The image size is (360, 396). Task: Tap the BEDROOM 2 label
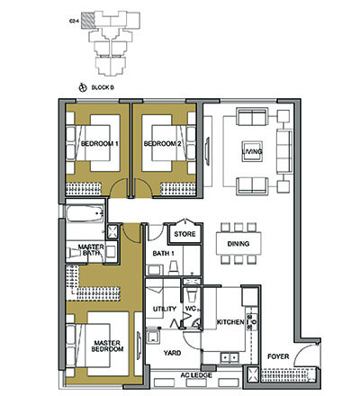click(163, 144)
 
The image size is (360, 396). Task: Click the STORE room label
click(184, 235)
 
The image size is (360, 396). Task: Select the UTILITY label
click(164, 309)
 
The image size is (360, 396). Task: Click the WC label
click(191, 309)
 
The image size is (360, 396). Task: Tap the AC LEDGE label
click(194, 373)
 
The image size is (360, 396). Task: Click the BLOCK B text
click(102, 87)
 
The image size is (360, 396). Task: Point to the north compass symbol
click(83, 87)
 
